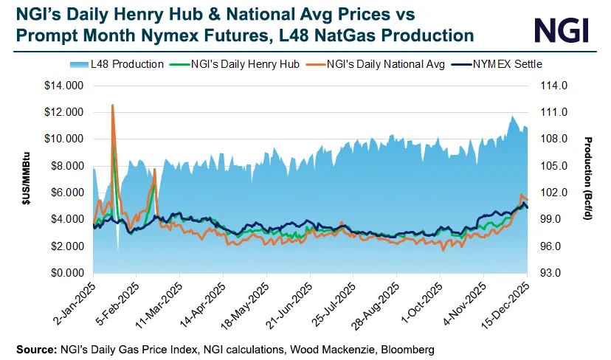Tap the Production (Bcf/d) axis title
(588, 179)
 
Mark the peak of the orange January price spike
(112, 105)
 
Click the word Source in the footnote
(31, 347)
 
